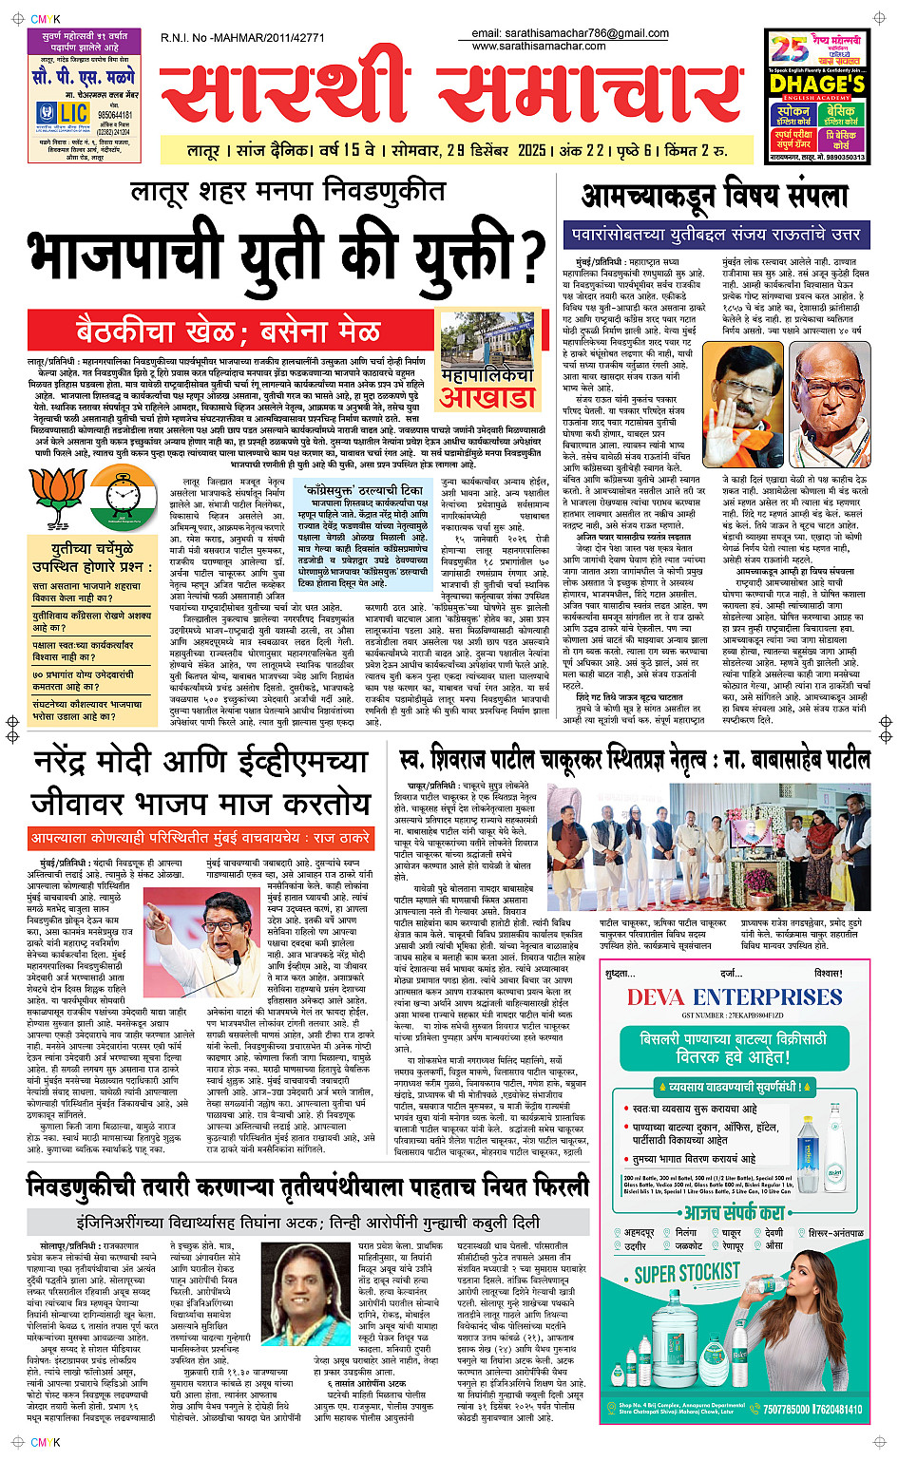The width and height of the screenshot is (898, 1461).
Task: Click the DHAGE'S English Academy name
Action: [816, 84]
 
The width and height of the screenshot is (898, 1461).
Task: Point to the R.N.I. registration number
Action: [242, 38]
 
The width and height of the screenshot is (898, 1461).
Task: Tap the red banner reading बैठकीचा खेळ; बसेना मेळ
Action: [228, 332]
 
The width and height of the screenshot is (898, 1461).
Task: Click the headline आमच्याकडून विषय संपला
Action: [714, 197]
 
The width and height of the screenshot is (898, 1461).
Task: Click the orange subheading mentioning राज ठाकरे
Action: [200, 839]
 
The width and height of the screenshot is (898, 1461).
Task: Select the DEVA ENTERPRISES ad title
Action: [734, 997]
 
